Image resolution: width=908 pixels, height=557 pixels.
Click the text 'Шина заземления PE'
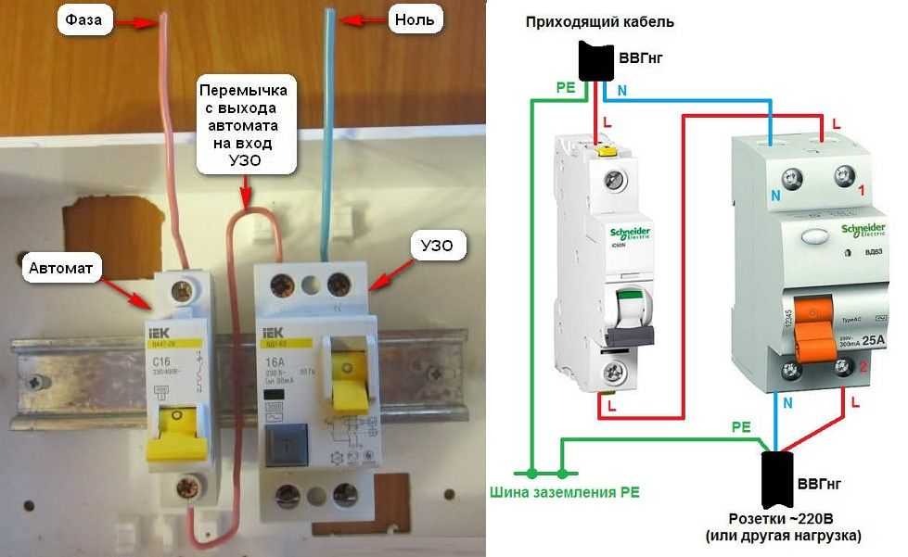click(x=564, y=490)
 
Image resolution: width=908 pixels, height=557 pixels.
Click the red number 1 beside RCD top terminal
click(x=862, y=192)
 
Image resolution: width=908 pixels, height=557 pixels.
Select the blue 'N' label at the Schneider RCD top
click(x=774, y=194)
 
